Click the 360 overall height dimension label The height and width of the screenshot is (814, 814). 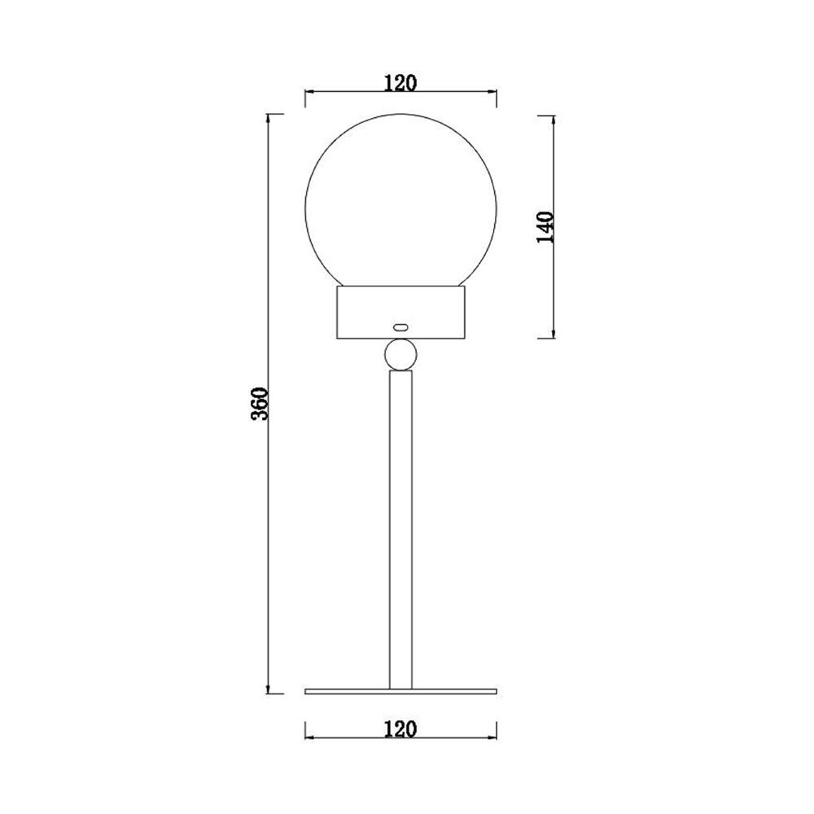[259, 404]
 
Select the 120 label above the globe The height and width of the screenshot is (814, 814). [400, 82]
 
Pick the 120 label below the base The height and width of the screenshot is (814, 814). [400, 729]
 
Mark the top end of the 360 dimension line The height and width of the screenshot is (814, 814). [269, 115]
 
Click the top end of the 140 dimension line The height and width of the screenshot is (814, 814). [554, 115]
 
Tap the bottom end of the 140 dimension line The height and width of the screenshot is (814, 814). [554, 337]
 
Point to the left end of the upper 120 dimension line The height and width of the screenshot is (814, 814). [305, 92]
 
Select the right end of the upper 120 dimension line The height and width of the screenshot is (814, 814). [496, 92]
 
